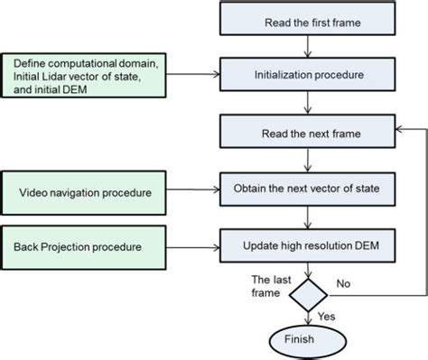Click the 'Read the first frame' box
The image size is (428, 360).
click(310, 20)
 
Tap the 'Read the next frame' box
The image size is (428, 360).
click(310, 134)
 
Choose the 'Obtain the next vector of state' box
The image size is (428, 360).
click(310, 190)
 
